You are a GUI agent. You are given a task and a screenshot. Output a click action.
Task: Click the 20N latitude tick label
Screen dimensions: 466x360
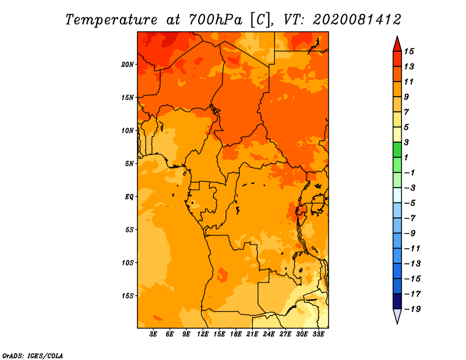[127, 65]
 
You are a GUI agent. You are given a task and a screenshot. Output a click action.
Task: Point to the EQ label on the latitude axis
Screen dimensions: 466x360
[129, 197]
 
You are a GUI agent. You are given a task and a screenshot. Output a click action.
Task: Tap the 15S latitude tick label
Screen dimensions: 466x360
[127, 296]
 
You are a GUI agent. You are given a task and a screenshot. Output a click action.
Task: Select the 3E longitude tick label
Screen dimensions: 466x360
[153, 334]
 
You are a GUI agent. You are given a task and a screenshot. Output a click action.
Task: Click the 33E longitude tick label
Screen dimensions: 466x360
[318, 334]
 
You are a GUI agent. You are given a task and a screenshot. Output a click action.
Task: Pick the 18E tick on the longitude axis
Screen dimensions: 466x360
[236, 334]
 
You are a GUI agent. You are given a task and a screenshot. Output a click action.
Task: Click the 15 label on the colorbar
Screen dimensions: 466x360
[409, 51]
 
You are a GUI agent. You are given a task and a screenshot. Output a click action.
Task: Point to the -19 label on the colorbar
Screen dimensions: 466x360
[412, 309]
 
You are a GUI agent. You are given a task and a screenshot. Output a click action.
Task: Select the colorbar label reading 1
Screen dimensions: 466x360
[406, 157]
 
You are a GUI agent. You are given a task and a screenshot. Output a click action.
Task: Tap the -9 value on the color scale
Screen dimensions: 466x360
[410, 234]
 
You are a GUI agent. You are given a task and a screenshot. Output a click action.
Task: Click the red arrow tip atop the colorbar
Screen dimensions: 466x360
[397, 36]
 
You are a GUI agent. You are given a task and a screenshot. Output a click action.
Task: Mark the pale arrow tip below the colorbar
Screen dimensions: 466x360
[397, 323]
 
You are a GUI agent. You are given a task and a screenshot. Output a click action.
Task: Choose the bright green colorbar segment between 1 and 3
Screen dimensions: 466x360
[397, 150]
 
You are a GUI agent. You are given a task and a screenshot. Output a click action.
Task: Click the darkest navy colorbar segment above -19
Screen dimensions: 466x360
[397, 301]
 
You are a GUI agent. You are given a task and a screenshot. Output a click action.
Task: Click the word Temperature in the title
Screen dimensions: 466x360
[111, 20]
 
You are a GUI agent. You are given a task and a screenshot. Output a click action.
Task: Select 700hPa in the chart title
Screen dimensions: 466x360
[216, 20]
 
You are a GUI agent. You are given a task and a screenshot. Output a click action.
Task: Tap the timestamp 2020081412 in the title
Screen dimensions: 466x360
[357, 20]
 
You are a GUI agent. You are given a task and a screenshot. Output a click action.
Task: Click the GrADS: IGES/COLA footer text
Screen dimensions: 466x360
[33, 355]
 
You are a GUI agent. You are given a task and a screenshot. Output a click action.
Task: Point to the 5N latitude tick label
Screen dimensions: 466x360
[129, 164]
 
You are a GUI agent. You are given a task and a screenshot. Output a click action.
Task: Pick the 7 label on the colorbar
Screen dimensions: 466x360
[406, 112]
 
